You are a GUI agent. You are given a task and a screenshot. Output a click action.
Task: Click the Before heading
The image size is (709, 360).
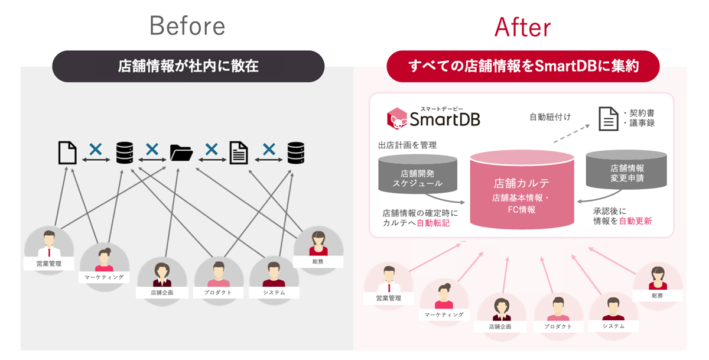click(187, 25)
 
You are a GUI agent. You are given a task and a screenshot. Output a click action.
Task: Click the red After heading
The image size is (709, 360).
click(522, 27)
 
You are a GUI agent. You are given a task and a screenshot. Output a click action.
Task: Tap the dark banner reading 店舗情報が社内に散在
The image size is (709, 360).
click(188, 66)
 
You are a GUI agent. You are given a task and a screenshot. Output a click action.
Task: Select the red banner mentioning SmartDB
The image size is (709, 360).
click(523, 66)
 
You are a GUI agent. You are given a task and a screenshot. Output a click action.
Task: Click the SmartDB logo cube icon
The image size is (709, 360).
click(397, 118)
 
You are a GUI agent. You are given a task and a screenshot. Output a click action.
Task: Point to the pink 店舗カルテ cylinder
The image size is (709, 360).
click(522, 189)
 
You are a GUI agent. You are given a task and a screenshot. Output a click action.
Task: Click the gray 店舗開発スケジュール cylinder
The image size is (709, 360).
click(418, 174)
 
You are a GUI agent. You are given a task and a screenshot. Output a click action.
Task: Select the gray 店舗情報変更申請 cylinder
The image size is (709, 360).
click(626, 170)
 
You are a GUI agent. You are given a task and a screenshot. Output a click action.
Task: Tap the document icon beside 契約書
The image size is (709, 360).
click(609, 119)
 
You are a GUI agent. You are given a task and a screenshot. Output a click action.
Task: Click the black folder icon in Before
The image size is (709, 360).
click(181, 153)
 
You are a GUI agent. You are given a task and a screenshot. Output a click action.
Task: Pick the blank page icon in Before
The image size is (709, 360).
click(67, 153)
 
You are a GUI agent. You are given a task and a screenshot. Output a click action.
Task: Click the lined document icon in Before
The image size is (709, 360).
click(239, 153)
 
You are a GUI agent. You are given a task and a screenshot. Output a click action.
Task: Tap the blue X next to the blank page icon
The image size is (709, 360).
click(96, 149)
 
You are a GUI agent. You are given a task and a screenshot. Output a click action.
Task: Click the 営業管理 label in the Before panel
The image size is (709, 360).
click(48, 264)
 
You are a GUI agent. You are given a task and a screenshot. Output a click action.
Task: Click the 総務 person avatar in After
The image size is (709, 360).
click(658, 278)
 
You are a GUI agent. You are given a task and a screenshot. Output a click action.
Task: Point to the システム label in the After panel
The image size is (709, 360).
click(613, 326)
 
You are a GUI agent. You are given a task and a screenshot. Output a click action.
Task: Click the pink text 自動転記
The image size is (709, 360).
click(433, 223)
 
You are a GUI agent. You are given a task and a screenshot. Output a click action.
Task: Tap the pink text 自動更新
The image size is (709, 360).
click(635, 220)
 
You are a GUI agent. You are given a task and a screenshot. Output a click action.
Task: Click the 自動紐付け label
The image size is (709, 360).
click(550, 117)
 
